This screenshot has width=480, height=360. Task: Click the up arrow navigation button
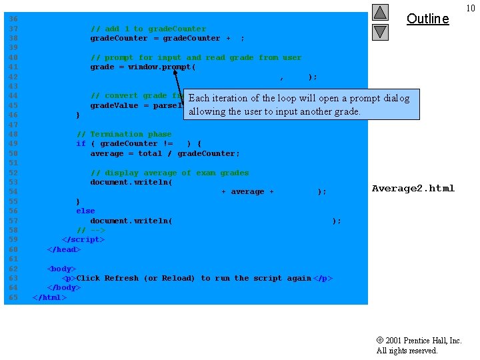380,12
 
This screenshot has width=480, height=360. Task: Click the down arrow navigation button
380,31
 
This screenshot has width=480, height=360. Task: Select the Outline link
427,19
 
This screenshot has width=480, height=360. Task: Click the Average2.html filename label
413,189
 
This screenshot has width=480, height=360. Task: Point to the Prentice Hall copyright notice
419,345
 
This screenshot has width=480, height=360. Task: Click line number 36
13,19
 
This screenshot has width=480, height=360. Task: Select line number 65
13,297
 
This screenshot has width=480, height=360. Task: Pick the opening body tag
61,269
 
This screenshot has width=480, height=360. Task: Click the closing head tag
64,249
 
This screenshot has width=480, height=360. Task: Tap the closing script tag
83,239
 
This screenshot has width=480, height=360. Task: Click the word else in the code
85,211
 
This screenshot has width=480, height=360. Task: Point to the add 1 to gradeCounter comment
148,29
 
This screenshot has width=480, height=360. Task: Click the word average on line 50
107,153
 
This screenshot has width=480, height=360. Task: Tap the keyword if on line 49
81,143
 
